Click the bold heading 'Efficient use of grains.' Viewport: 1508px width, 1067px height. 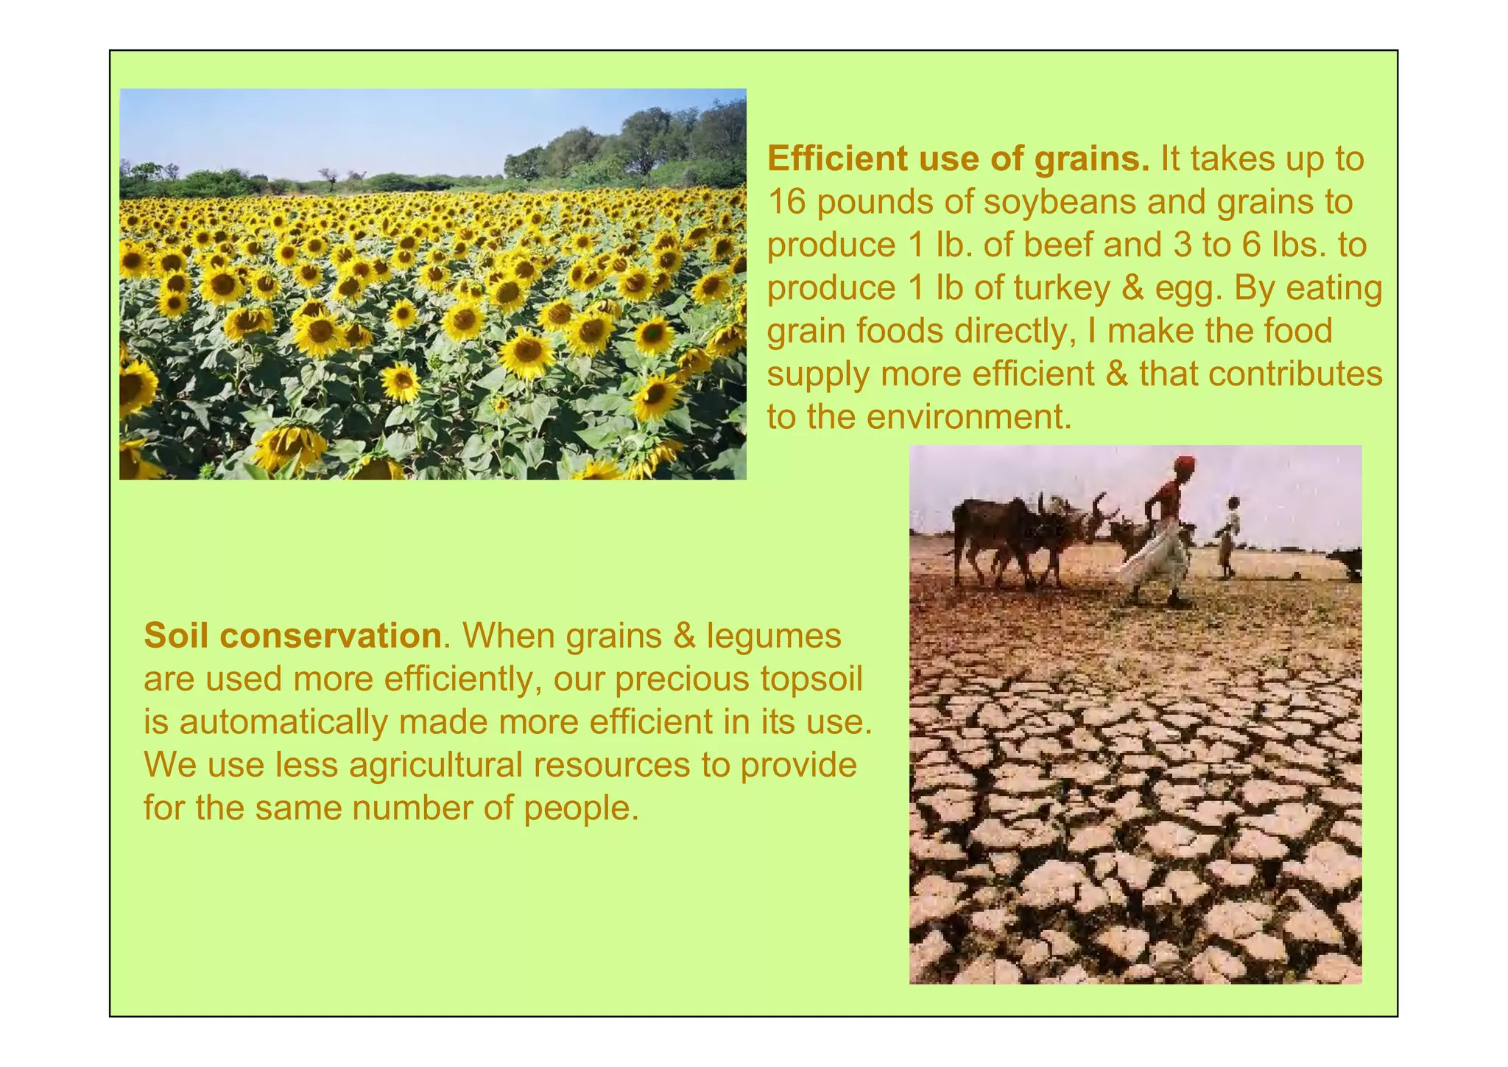pos(957,159)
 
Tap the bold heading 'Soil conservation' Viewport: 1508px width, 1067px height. pos(292,636)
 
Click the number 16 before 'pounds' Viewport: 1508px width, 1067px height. pos(787,202)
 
